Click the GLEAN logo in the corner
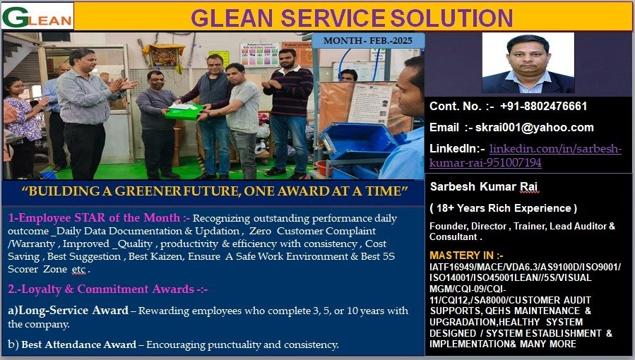(37, 16)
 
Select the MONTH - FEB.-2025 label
(368, 40)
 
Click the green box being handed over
(184, 112)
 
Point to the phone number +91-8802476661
(543, 107)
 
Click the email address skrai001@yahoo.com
(534, 128)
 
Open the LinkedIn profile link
(526, 156)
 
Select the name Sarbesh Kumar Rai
(484, 186)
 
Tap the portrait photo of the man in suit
(528, 63)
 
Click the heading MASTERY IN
(466, 256)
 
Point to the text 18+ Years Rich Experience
(504, 208)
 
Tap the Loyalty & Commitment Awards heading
(108, 289)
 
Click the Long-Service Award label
(68, 311)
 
